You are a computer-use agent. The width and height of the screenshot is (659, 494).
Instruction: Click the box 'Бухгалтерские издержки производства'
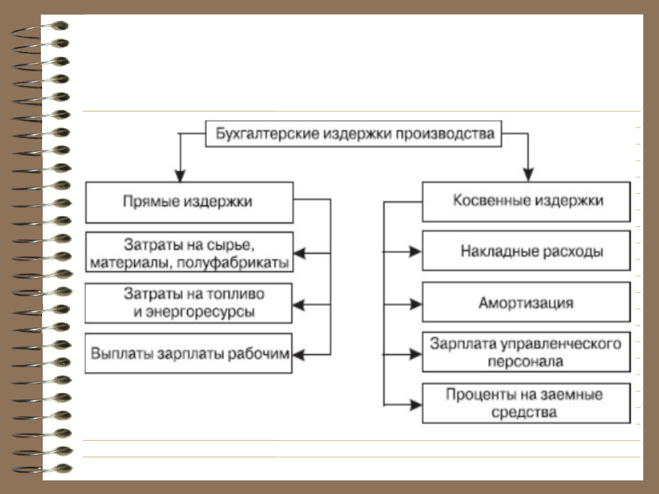click(x=353, y=134)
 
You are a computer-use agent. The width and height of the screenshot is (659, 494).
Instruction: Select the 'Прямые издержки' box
click(x=189, y=202)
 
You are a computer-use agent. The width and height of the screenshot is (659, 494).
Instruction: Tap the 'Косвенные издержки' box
click(x=526, y=201)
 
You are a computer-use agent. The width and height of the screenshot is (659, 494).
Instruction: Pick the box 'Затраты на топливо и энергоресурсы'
click(x=189, y=303)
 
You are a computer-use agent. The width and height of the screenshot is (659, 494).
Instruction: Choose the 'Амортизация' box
click(x=526, y=302)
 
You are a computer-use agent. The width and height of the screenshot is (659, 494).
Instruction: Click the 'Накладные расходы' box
click(x=526, y=251)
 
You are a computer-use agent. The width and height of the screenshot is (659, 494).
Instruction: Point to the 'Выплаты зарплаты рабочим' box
click(x=189, y=354)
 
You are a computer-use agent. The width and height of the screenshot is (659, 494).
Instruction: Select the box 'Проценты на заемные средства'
click(x=526, y=403)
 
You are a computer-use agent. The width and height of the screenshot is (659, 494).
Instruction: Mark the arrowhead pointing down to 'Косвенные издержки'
click(x=528, y=175)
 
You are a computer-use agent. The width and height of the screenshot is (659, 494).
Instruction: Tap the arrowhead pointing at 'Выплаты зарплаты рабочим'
click(x=300, y=354)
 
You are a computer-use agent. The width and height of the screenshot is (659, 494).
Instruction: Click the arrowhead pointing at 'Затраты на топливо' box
click(x=300, y=303)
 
